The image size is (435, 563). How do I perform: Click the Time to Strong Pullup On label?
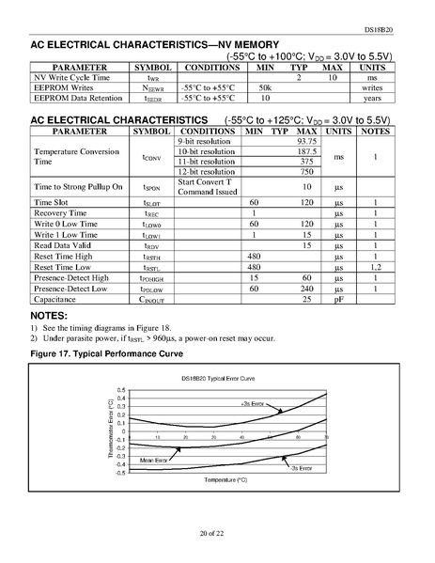click(x=79, y=187)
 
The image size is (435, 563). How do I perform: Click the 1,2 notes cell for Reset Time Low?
click(x=375, y=267)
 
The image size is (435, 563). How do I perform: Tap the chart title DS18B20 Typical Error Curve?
click(x=218, y=378)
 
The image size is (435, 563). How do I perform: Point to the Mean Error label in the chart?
click(x=154, y=460)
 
